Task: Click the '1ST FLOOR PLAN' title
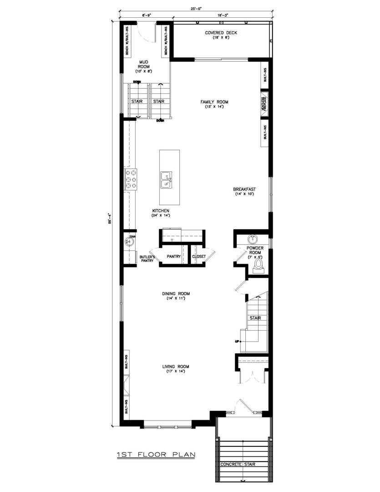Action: [x=156, y=454]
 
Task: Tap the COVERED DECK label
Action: [x=221, y=33]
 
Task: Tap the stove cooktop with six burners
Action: [x=131, y=179]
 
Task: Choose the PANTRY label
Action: [x=173, y=256]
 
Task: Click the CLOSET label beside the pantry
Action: [x=199, y=256]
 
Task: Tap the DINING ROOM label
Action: [x=176, y=293]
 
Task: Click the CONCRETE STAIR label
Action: [x=238, y=464]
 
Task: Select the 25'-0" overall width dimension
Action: [x=197, y=8]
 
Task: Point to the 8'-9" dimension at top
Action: [x=146, y=15]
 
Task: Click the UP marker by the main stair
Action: [x=237, y=341]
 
